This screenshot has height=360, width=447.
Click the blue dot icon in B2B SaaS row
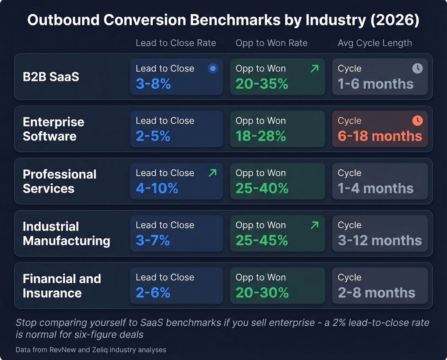coord(213,68)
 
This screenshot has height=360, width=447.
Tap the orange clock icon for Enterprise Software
coord(417,120)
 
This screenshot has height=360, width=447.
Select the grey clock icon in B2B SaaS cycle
coord(417,68)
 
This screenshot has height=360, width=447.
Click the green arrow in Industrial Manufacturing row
coord(314,225)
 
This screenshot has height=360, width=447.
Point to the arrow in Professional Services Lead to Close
coord(212,173)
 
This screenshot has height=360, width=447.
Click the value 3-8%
coord(153,84)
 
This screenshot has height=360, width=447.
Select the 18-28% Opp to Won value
coord(261,136)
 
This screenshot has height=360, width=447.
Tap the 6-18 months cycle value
coord(380,136)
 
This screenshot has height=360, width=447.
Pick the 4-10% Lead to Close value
coord(157,188)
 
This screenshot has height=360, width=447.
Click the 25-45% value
coord(261,241)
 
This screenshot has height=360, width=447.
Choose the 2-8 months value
coord(376,293)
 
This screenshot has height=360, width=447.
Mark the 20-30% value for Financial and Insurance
coord(262,293)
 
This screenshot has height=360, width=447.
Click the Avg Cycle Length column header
coord(375,43)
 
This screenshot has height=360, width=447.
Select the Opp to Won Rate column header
coord(271,43)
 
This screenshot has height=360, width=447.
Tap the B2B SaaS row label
coord(51,77)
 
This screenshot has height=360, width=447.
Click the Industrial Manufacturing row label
coord(66,234)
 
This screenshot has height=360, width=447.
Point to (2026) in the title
coord(395,20)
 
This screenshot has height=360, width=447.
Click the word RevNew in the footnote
coord(63,350)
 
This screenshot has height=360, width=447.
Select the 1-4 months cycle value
coord(375,188)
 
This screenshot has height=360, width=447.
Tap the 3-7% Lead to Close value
coord(153,241)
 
